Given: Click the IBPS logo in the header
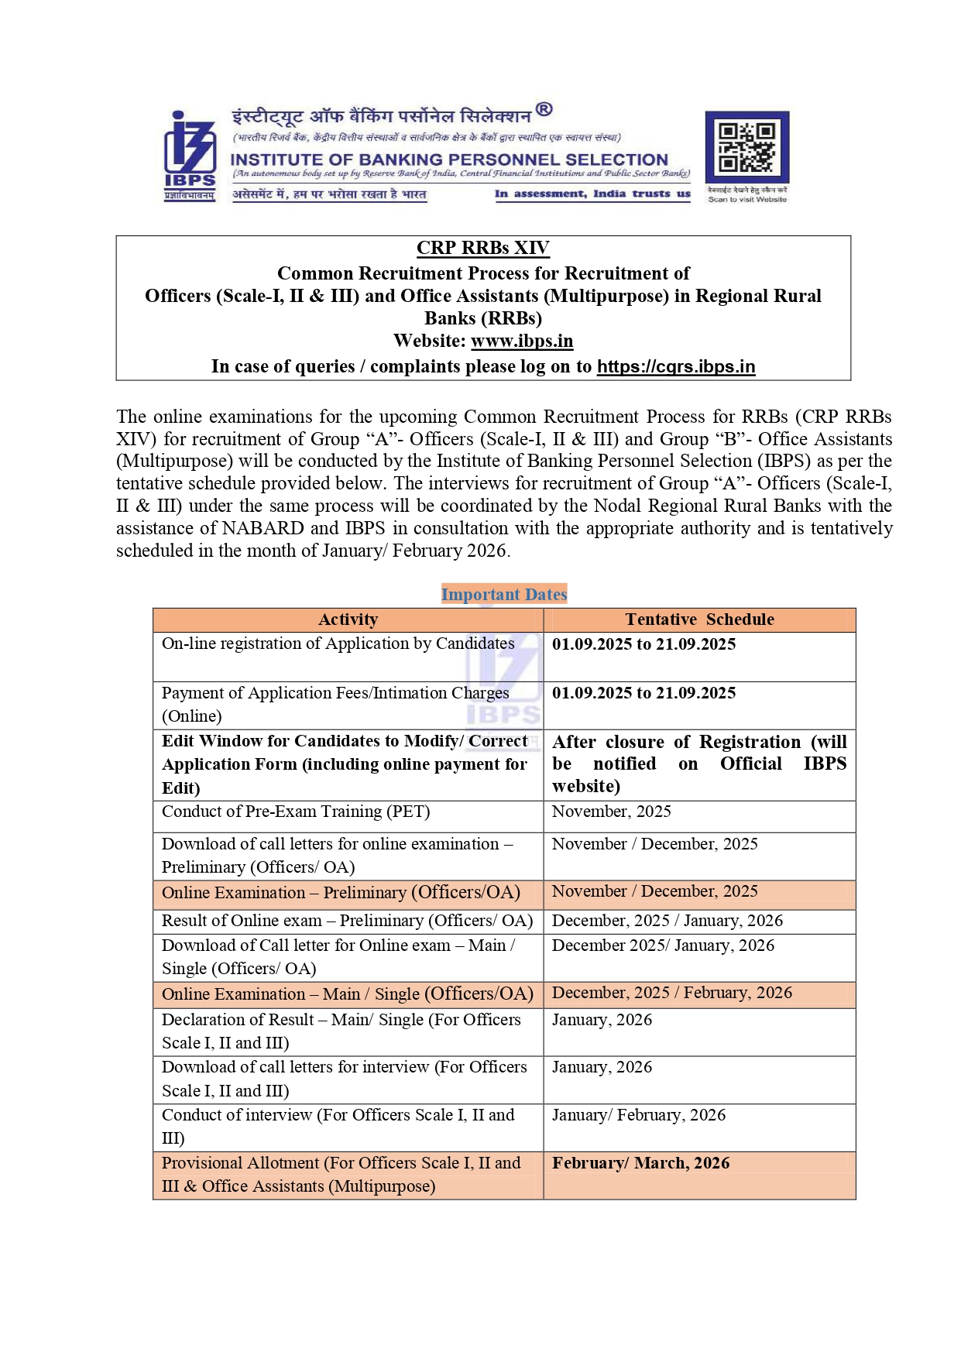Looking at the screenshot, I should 189,155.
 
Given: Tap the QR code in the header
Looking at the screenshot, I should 746,147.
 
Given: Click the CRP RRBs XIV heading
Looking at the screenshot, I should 483,248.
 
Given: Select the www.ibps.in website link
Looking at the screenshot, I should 522,341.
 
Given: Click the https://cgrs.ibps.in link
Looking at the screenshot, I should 676,366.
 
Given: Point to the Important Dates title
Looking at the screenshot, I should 504,594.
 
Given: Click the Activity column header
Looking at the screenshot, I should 348,619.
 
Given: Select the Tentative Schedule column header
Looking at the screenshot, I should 699,619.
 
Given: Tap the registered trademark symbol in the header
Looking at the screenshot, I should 544,109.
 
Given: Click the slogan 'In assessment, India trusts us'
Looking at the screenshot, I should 592,194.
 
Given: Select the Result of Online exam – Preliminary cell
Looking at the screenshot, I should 347,921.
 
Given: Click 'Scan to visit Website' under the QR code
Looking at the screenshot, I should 746,200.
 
